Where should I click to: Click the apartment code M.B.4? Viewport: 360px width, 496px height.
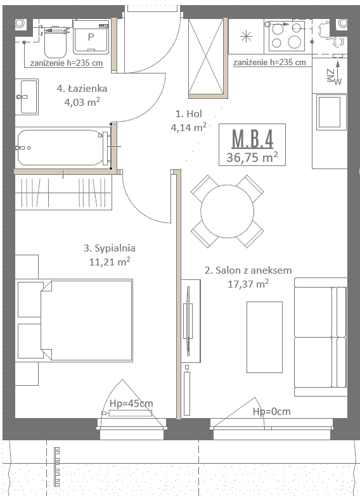[x=252, y=139]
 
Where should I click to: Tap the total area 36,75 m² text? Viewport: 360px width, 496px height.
[x=252, y=157]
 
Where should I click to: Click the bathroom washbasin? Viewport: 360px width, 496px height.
[x=27, y=97]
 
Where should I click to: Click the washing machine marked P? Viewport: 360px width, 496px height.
[x=91, y=37]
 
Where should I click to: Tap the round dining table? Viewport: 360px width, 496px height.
[x=228, y=212]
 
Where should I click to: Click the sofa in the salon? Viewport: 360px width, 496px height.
[x=321, y=337]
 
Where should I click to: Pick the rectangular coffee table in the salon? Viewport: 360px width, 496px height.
[x=264, y=337]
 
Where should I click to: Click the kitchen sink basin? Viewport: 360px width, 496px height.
[x=330, y=112]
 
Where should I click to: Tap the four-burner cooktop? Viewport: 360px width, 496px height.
[x=286, y=35]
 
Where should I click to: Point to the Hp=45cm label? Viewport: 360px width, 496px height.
[x=131, y=404]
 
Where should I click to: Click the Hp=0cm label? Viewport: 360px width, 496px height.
[x=272, y=412]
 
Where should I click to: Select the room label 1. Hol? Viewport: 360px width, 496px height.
[x=189, y=113]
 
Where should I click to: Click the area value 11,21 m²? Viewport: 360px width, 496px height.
[x=110, y=262]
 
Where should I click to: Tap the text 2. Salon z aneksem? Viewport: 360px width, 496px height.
[x=248, y=270]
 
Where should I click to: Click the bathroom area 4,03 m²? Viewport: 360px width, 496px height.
[x=82, y=102]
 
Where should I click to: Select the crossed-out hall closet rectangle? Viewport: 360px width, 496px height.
[x=206, y=56]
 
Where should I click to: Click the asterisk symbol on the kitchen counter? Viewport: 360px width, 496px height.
[x=247, y=36]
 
